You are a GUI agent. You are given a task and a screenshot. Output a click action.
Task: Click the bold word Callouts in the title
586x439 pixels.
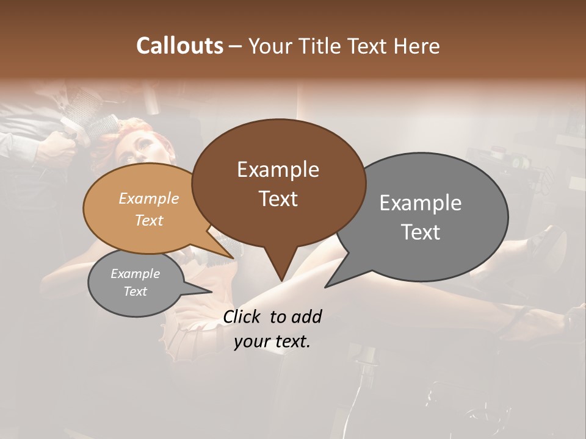(179, 46)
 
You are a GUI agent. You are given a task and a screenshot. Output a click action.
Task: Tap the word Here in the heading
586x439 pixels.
(416, 46)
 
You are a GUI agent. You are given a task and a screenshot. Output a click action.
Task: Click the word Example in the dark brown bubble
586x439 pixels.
(278, 170)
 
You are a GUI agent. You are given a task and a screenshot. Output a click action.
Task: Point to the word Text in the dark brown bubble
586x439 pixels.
(278, 199)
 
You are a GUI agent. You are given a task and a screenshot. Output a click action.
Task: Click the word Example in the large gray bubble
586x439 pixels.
(421, 203)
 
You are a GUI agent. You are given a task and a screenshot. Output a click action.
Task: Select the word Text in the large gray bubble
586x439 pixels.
(421, 232)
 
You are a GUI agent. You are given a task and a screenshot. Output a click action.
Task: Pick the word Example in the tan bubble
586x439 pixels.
(149, 199)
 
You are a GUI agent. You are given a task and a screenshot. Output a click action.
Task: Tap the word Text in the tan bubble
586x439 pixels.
(149, 220)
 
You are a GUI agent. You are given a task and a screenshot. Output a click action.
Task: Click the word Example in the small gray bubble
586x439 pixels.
(136, 274)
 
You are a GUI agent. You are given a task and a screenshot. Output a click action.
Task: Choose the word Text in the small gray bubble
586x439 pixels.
(136, 291)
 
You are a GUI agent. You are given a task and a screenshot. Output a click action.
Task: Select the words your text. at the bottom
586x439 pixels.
(272, 342)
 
